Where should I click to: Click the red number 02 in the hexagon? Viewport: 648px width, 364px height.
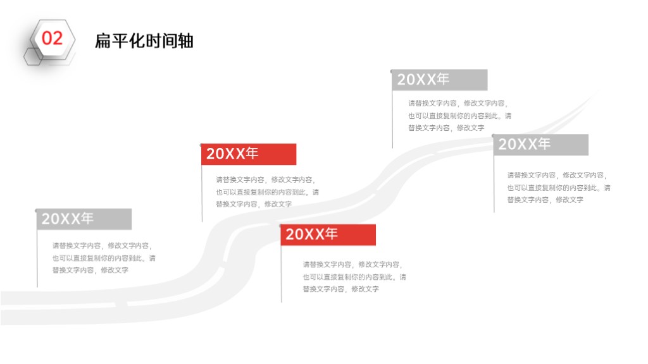point(52,39)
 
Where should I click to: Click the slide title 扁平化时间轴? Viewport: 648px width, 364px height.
point(144,41)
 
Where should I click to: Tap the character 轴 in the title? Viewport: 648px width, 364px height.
point(185,41)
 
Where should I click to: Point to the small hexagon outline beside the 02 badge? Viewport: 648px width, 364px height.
point(33,56)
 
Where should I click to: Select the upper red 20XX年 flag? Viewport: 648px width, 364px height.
point(249,154)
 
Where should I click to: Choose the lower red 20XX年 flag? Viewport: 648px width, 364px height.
point(328,235)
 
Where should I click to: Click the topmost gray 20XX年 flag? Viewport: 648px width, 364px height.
point(440,80)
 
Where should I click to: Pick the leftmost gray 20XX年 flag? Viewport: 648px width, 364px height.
point(84,219)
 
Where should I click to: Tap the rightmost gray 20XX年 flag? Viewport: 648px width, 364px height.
point(541,145)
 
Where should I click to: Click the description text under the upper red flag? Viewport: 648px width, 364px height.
point(268,192)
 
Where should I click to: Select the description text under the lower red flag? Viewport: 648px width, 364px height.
point(354,277)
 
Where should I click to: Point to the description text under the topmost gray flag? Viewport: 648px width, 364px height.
point(459,116)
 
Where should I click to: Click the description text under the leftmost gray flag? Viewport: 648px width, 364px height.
point(104,258)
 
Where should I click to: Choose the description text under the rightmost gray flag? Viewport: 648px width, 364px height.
point(559,187)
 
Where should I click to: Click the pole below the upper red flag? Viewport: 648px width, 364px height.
point(202,193)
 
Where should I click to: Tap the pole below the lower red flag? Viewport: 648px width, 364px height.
point(282,274)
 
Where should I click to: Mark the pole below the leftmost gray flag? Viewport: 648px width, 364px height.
point(37,258)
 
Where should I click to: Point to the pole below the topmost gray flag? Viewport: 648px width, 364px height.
point(392,119)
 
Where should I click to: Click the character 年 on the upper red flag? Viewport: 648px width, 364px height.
point(251,154)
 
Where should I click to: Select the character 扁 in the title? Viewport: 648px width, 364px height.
point(103,41)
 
